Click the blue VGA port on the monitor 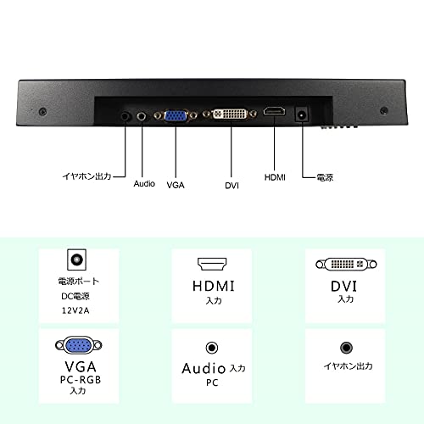176,115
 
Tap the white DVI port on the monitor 231,114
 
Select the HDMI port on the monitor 274,111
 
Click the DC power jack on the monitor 302,114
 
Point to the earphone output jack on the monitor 126,116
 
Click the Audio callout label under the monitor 144,184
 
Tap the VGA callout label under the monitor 176,185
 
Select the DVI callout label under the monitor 232,186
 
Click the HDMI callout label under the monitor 275,177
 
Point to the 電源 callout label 325,177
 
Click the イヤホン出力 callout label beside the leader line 86,176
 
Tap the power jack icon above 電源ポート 76,259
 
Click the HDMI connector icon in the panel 212,264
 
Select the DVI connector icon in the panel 346,265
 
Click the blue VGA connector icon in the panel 79,345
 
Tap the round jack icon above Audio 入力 212,348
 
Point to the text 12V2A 75,310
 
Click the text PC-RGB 81,380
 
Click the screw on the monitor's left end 42,112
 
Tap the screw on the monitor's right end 383,110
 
